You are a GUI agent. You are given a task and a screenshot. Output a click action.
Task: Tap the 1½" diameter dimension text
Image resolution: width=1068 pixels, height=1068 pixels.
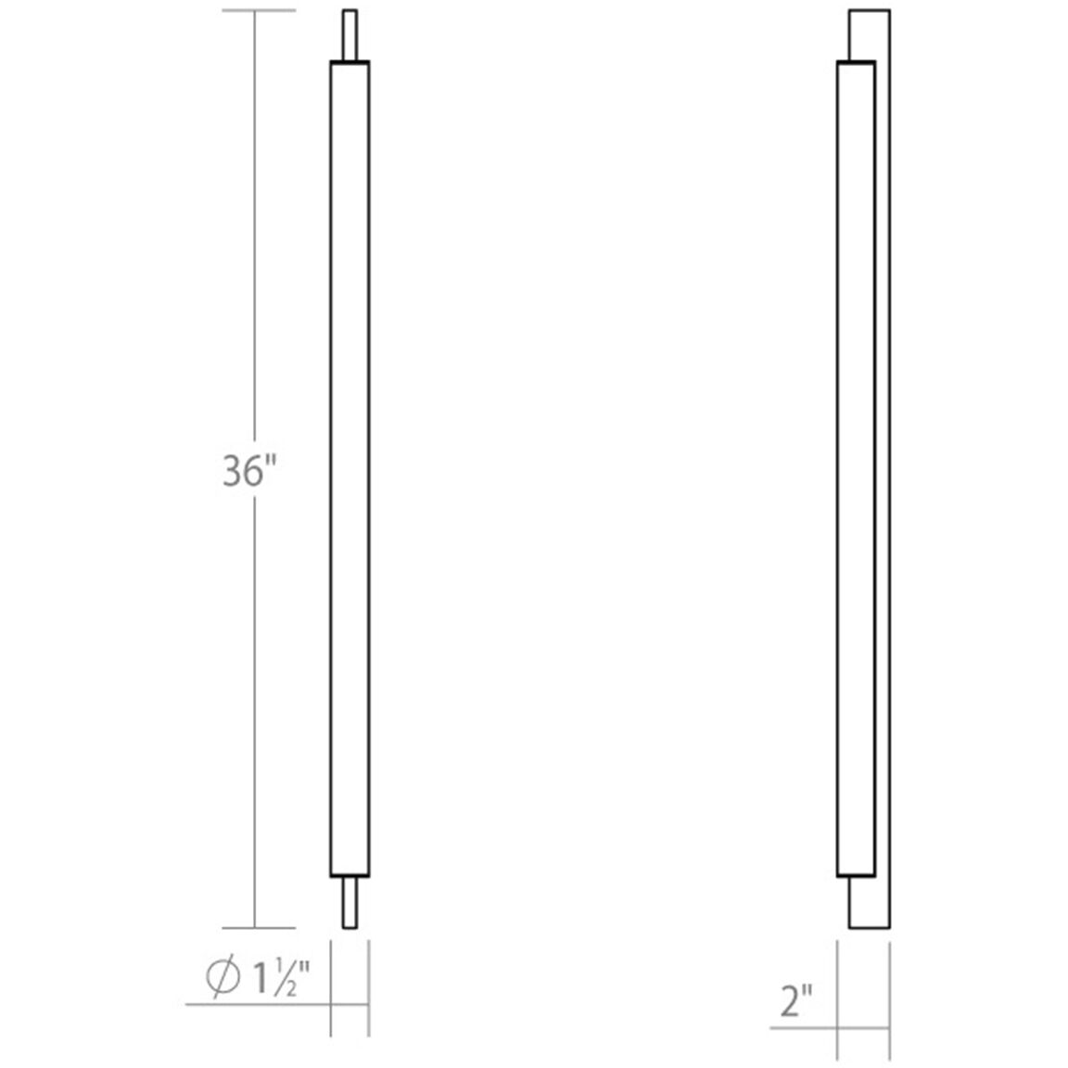click(x=276, y=978)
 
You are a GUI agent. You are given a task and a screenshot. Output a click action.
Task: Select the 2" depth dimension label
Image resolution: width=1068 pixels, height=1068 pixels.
click(x=795, y=1002)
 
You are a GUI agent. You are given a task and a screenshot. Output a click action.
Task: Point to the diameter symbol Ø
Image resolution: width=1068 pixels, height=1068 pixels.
click(x=222, y=979)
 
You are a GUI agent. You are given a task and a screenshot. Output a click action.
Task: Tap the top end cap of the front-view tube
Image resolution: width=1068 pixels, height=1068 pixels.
click(x=350, y=63)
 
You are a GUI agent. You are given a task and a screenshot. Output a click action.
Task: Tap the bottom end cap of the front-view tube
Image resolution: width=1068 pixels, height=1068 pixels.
click(x=350, y=874)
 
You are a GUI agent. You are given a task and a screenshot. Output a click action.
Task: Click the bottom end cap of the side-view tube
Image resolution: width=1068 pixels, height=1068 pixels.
click(x=856, y=874)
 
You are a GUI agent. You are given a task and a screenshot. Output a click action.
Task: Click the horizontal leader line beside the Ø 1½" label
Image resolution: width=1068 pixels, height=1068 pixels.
click(x=260, y=1004)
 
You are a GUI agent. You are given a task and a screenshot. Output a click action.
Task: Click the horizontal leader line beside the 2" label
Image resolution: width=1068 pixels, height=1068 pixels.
click(x=803, y=1028)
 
